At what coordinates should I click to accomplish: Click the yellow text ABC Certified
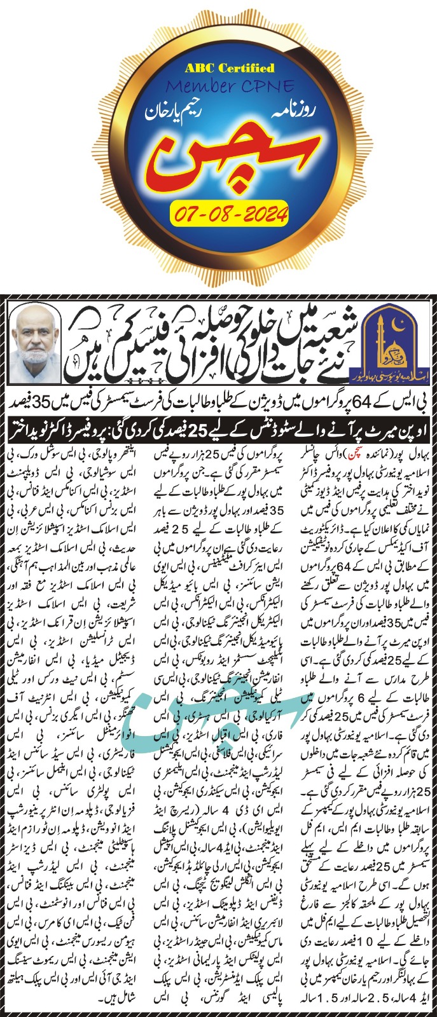[220, 68]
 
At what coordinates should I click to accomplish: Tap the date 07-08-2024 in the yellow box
[230, 212]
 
